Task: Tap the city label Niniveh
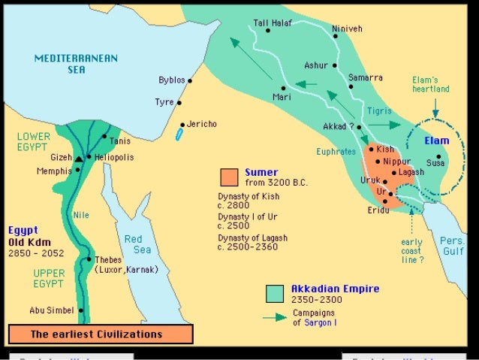click(x=347, y=29)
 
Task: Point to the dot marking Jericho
click(x=183, y=126)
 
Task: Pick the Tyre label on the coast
click(x=164, y=101)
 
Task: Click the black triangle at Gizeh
click(x=78, y=158)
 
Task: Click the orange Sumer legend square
click(x=229, y=177)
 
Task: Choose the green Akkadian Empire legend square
click(x=277, y=293)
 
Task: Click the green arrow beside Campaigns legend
click(x=276, y=318)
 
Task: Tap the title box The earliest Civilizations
click(x=101, y=334)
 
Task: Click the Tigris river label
click(x=380, y=110)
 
